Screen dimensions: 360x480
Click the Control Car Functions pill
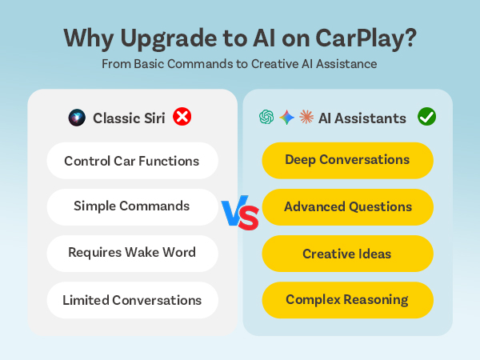[x=132, y=161]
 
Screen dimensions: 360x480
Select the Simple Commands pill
[x=132, y=206]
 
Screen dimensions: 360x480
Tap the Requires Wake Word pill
[x=132, y=253]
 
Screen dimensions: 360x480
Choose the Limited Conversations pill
[x=132, y=300]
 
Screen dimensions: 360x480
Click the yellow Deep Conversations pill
[x=347, y=160]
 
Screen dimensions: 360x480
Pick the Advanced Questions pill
[x=347, y=206]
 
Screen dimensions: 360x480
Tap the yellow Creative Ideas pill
[x=347, y=254]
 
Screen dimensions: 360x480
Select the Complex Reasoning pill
[x=347, y=300]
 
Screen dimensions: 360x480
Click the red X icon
[x=182, y=118]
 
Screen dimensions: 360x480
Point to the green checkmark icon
[x=426, y=118]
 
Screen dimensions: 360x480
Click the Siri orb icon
[x=77, y=118]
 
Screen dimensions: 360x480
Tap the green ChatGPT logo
[x=266, y=118]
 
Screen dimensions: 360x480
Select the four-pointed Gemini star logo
[x=286, y=118]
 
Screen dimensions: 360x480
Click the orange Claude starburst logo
[x=306, y=118]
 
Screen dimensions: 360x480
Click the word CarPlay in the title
[x=364, y=38]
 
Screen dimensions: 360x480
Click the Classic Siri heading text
[x=130, y=118]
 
